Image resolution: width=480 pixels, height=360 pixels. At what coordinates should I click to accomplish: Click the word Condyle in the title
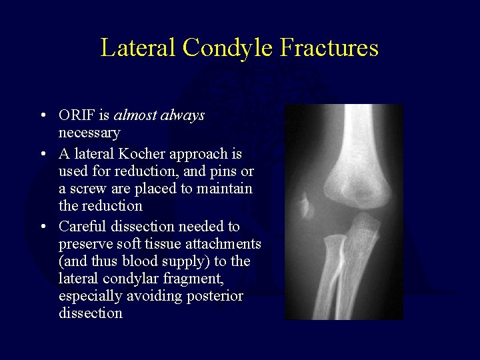228,48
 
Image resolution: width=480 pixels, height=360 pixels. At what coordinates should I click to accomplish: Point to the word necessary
89,133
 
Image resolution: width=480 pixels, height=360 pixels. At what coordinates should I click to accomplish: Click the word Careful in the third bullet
82,227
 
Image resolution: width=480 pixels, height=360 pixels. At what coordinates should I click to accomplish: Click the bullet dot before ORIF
43,116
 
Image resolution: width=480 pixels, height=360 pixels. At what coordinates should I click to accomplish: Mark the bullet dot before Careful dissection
43,227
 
